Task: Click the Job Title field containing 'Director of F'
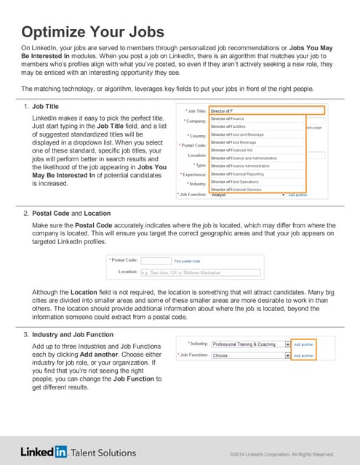click(x=265, y=110)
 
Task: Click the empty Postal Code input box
click(x=155, y=260)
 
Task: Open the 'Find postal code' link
click(x=187, y=260)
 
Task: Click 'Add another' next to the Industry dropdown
click(x=303, y=344)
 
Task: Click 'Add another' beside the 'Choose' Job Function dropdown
click(x=303, y=356)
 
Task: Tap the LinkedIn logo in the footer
click(x=44, y=452)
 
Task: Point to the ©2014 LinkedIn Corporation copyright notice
click(x=281, y=454)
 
